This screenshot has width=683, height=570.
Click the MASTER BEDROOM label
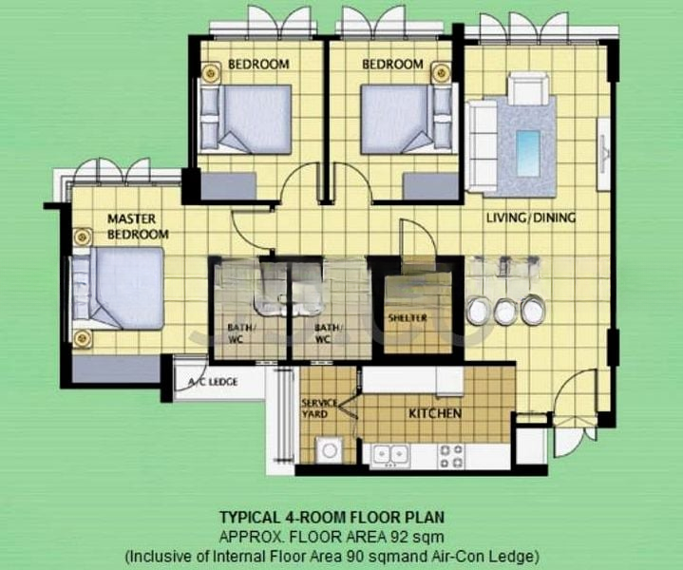click(138, 227)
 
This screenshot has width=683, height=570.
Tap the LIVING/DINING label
click(531, 218)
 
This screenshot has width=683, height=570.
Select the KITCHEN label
click(435, 413)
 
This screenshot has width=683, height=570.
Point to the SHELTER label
click(408, 318)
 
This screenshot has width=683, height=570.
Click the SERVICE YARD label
click(319, 408)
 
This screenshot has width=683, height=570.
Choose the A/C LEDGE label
click(213, 382)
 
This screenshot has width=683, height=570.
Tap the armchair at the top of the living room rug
click(528, 88)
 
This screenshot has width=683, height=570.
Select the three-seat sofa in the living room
click(482, 146)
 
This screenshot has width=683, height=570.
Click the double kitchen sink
click(390, 456)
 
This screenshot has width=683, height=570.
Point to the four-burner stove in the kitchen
click(451, 456)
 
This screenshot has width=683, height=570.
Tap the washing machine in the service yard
click(330, 450)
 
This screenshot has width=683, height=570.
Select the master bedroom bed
click(118, 289)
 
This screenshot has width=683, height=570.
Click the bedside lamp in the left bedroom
click(211, 71)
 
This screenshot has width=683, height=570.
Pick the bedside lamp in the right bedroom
click(442, 71)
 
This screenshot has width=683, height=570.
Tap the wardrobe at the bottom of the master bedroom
click(116, 370)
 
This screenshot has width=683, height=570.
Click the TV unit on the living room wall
click(604, 154)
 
